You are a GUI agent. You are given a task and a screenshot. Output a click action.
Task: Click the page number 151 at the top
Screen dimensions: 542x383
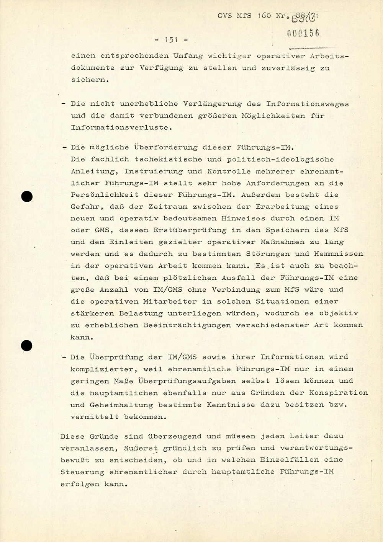click(x=170, y=40)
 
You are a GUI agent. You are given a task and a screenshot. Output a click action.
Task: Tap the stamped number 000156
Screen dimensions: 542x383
click(x=303, y=34)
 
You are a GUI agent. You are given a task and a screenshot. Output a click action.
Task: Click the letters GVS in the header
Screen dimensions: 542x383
click(x=225, y=16)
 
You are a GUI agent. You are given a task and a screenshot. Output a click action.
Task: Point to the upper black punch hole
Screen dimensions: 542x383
click(x=26, y=197)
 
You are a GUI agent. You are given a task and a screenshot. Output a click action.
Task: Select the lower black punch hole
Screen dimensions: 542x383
click(x=26, y=346)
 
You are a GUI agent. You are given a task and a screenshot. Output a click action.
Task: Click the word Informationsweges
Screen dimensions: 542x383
click(x=307, y=104)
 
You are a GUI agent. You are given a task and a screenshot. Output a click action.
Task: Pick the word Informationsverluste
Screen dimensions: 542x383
click(x=119, y=127)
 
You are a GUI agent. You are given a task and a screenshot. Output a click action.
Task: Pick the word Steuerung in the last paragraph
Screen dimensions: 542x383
click(x=82, y=472)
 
